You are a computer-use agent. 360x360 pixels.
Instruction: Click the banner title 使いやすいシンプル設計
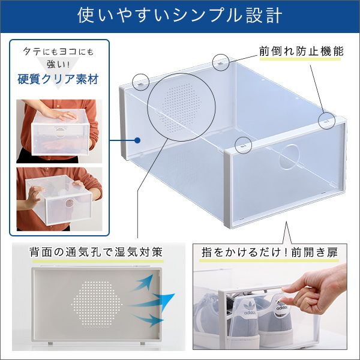point(180,16)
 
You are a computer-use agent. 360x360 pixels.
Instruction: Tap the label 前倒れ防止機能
point(301,51)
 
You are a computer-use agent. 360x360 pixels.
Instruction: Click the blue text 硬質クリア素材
point(58,79)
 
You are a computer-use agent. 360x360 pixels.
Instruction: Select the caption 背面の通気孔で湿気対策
point(96,252)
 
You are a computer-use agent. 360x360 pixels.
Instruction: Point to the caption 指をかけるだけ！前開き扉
point(269,253)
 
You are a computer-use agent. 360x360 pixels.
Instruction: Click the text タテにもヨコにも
point(59,52)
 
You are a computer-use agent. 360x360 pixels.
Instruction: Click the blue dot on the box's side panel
point(137,140)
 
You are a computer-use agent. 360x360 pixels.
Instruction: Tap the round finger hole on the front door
point(289,157)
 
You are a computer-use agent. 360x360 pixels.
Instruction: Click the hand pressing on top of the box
point(63,115)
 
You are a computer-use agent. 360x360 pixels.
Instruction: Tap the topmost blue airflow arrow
point(144,284)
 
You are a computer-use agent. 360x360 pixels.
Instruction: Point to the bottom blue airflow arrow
point(148,320)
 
